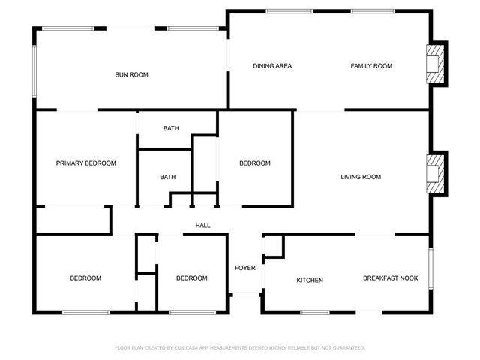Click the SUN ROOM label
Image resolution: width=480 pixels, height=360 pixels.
(x=131, y=74)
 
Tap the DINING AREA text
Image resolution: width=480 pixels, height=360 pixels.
(x=271, y=66)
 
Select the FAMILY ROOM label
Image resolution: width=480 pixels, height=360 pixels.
(x=371, y=66)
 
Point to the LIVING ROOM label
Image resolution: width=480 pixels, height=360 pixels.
(x=361, y=177)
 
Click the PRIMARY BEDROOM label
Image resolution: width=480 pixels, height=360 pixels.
(x=85, y=163)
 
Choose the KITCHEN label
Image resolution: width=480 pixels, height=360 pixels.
(x=310, y=280)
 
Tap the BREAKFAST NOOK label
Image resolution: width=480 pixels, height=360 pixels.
(x=390, y=278)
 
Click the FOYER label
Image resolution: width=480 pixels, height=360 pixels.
(x=244, y=268)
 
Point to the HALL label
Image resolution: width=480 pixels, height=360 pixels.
(x=202, y=226)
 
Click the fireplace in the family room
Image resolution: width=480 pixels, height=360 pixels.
(x=434, y=64)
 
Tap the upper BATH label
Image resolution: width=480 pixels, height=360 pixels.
(x=171, y=128)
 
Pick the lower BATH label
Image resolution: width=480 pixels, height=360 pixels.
(x=167, y=177)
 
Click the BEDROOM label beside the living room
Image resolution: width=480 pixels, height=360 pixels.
(x=254, y=163)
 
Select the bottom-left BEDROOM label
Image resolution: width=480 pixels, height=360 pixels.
(x=85, y=278)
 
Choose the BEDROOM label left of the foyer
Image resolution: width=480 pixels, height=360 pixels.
(x=191, y=278)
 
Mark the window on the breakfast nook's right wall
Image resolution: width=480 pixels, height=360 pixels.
(x=430, y=268)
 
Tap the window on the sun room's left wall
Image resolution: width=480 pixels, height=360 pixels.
(x=34, y=71)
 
